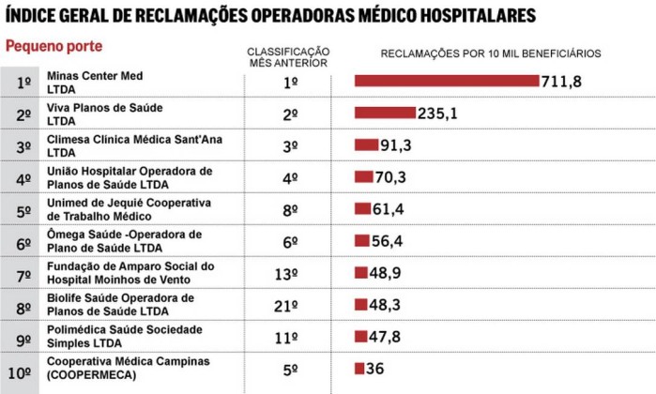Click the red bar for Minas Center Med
click(x=447, y=81)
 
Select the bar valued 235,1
click(x=385, y=113)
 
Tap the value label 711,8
click(x=562, y=82)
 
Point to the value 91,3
click(x=395, y=145)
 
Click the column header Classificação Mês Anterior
click(x=288, y=56)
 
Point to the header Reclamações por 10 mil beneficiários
click(x=491, y=53)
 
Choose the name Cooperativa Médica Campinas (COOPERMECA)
click(x=115, y=368)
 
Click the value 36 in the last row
click(x=374, y=369)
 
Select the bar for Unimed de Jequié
click(x=363, y=208)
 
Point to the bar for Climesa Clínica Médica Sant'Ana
click(x=366, y=144)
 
